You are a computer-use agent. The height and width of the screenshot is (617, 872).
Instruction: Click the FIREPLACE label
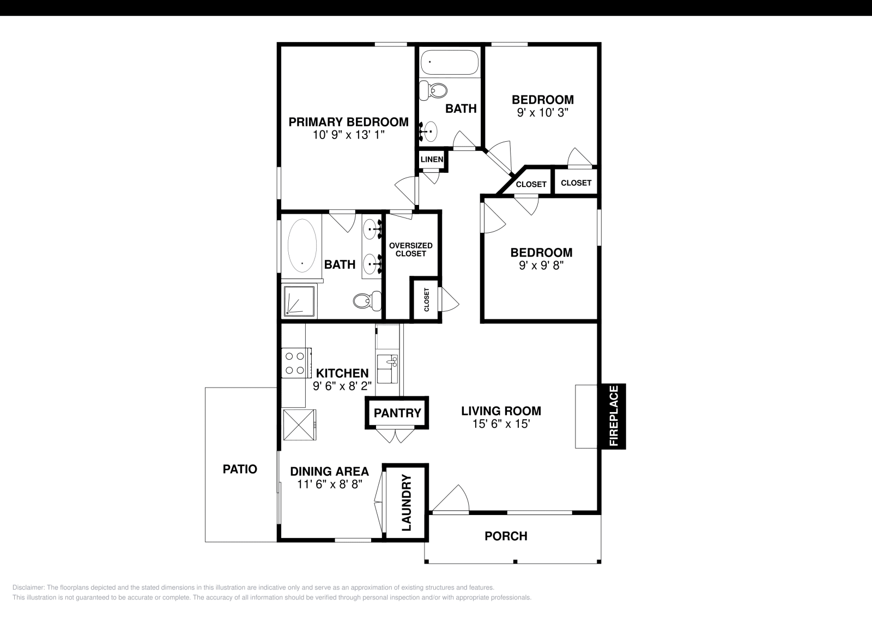614,416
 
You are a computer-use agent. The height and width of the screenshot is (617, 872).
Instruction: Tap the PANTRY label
397,413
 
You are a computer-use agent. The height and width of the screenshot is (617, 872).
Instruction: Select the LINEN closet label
432,159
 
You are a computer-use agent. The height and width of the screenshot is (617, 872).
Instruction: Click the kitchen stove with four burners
296,363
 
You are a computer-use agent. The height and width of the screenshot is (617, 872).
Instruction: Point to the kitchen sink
387,368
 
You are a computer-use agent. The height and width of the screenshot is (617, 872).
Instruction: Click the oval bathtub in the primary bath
302,245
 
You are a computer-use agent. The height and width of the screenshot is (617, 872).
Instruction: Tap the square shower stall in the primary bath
299,300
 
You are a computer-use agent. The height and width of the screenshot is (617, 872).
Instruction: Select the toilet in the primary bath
367,300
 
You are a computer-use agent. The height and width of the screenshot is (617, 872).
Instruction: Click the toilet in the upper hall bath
433,90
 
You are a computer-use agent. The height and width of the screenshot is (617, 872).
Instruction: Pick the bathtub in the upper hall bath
450,62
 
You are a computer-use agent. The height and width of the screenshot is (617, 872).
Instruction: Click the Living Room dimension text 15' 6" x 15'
501,424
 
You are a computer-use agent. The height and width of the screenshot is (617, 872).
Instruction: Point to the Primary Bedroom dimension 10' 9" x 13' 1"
349,135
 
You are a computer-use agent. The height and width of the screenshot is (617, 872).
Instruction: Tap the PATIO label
240,469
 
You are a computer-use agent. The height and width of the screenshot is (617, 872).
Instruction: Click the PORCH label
506,536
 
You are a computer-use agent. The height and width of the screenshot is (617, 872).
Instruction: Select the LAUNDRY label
407,503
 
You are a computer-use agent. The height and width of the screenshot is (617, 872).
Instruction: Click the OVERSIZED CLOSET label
411,250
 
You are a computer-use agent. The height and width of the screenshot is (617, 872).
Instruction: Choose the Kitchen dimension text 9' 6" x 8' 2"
342,386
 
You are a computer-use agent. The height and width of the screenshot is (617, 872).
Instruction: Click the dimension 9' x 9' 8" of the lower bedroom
542,265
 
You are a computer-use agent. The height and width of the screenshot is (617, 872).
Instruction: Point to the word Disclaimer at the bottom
28,588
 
